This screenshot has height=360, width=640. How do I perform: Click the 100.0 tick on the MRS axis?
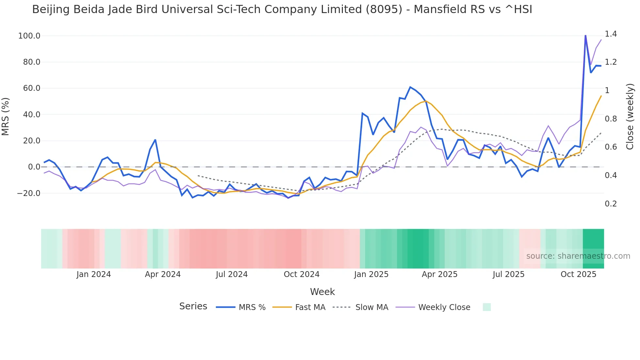pyautogui.click(x=29, y=36)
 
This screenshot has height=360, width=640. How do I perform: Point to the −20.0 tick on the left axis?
pyautogui.click(x=28, y=193)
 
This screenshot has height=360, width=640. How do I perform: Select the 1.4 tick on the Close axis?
pyautogui.click(x=611, y=34)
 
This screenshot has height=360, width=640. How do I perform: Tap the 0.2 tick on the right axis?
pyautogui.click(x=611, y=204)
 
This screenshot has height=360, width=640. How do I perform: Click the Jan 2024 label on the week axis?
pyautogui.click(x=93, y=274)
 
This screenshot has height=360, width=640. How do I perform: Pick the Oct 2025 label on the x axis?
pyautogui.click(x=578, y=274)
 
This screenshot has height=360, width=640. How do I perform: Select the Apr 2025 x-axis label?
pyautogui.click(x=440, y=274)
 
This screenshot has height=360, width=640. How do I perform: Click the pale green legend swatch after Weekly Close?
pyautogui.click(x=487, y=307)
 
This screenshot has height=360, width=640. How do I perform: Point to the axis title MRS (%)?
pyautogui.click(x=6, y=116)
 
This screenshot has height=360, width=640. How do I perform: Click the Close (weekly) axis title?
pyautogui.click(x=630, y=117)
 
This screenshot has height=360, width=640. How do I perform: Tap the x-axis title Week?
pyautogui.click(x=322, y=292)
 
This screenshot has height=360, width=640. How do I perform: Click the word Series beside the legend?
pyautogui.click(x=193, y=306)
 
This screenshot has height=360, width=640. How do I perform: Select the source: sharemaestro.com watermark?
pyautogui.click(x=578, y=256)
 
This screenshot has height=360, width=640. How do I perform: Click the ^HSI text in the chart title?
pyautogui.click(x=519, y=9)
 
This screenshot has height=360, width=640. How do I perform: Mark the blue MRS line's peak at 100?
pyautogui.click(x=585, y=36)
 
